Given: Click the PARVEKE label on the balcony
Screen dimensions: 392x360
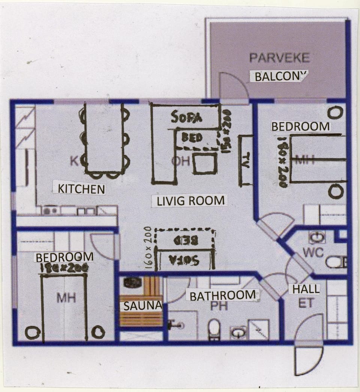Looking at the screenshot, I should coord(280,58).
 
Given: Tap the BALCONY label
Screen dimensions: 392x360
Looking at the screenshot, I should coord(279,76).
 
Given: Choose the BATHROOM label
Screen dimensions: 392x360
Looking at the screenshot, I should coord(223,296).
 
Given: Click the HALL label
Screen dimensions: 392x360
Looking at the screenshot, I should coord(306,289).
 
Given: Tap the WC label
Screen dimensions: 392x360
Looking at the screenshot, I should coord(313,252).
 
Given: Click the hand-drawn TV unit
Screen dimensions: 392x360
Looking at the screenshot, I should coord(246,160).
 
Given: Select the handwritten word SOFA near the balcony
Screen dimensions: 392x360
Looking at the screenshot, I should coord(186,117).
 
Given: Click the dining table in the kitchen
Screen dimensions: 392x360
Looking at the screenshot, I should coord(104,139).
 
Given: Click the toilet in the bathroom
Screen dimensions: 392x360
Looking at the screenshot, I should coord(214,328).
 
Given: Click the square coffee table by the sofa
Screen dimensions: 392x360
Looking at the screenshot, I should coord(205,163).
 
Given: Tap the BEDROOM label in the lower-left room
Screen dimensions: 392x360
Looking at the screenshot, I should coord(64,257).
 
